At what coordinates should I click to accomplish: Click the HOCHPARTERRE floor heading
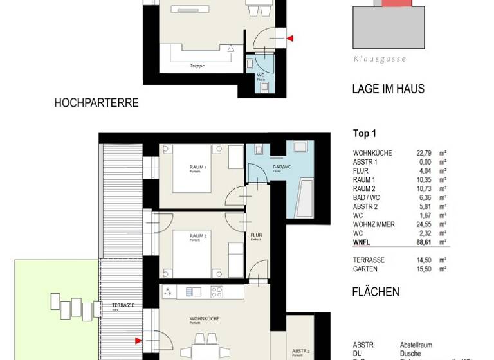[96, 103]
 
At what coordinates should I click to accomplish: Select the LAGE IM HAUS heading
[388, 89]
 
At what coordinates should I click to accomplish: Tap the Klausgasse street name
[380, 59]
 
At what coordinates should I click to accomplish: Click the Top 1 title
[365, 134]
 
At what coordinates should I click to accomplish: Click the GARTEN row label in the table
[365, 269]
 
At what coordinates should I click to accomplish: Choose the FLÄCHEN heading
[376, 292]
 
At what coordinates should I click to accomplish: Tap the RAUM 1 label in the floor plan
[197, 167]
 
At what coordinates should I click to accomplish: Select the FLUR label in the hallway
[256, 235]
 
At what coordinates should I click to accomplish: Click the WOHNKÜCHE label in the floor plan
[204, 318]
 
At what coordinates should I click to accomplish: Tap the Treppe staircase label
[197, 66]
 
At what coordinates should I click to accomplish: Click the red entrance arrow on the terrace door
[138, 341]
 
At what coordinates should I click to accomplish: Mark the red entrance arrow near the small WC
[289, 39]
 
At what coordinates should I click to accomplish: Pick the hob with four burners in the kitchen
[217, 292]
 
